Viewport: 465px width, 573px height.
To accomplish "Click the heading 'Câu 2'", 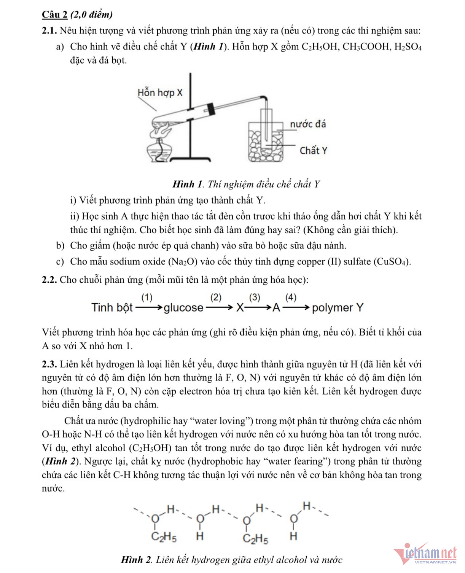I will pos(54,14).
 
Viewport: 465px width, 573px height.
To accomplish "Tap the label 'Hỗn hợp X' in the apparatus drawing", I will pos(160,92).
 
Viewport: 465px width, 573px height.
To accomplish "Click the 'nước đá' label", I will pos(308,124).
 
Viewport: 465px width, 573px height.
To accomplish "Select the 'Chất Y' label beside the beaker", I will pos(313,151).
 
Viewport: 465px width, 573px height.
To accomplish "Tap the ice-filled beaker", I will pos(266,143).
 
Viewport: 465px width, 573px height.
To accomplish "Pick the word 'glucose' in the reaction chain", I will pos(183,307).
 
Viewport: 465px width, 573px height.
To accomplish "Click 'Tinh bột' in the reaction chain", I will pos(112,307).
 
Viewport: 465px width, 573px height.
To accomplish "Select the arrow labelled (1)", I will pos(149,307).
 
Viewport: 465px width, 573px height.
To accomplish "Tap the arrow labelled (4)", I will pos(296,307).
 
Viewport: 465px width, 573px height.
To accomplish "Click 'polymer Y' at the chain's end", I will pos(338,307).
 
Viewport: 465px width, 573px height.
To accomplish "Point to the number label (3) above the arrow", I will pos(255,298).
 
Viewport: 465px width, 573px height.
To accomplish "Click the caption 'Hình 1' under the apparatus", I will pos(188,185).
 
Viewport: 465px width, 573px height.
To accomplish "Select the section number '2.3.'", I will pos(49,364).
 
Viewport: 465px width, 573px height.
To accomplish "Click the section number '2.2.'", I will pos(49,280).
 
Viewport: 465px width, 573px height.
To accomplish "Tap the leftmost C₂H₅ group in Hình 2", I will pos(164,537).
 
